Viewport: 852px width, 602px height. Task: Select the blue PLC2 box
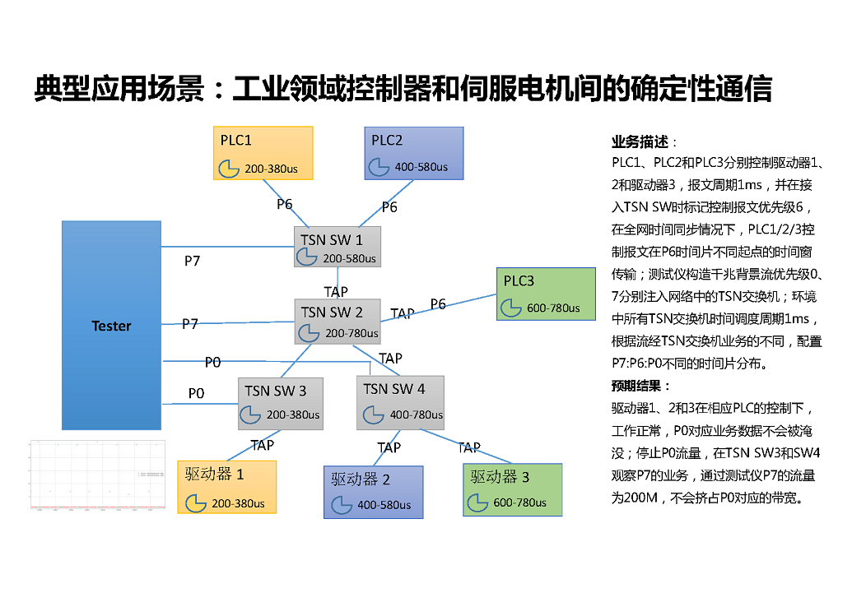[413, 152]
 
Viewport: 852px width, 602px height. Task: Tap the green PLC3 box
[545, 294]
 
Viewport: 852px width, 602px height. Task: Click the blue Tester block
[111, 325]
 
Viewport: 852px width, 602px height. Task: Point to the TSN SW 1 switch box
[338, 247]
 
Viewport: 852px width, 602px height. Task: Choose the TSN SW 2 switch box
[338, 322]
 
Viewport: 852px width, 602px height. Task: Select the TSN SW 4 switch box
[401, 403]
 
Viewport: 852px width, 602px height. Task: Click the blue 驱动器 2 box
[373, 492]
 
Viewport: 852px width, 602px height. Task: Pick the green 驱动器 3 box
[512, 490]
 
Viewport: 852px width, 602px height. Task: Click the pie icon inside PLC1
[228, 169]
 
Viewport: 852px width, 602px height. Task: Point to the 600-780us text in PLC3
[552, 308]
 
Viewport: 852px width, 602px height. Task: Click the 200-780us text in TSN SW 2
[352, 334]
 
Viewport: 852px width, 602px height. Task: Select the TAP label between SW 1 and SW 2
[336, 292]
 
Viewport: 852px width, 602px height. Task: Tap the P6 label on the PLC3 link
[438, 304]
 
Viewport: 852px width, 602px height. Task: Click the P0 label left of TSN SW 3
[196, 394]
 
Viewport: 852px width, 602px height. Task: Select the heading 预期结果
[640, 386]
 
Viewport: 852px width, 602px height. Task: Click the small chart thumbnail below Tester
[97, 476]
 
